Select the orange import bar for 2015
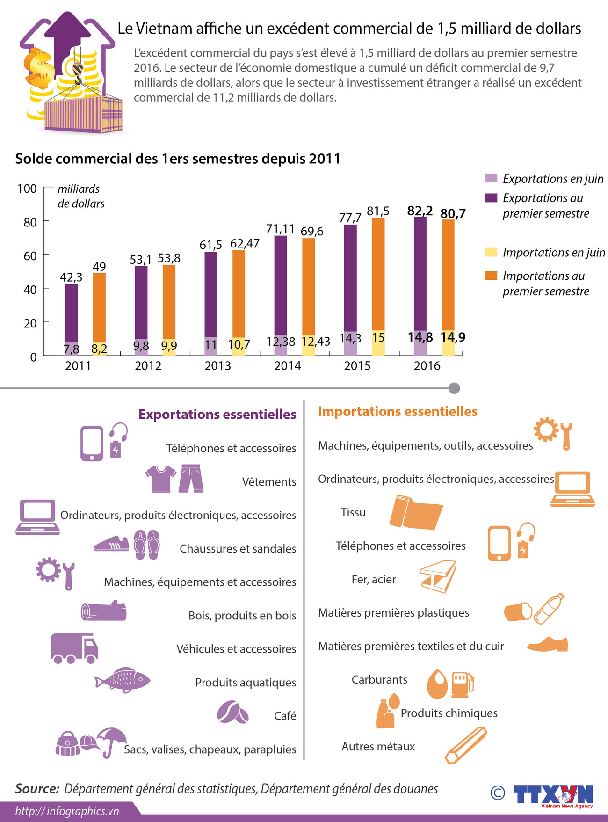(x=378, y=274)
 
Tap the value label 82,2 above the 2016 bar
(x=420, y=211)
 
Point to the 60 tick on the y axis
(x=30, y=256)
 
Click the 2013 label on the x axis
(x=217, y=366)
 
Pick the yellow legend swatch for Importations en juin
(x=491, y=253)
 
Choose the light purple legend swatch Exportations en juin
(x=491, y=178)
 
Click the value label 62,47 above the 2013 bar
(x=244, y=244)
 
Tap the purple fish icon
(x=123, y=680)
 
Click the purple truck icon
(x=74, y=648)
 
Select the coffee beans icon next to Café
(x=232, y=713)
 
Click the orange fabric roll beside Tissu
(x=415, y=512)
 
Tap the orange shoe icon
(x=548, y=645)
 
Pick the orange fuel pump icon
(x=462, y=684)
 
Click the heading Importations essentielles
(x=398, y=411)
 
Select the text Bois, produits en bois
(x=242, y=616)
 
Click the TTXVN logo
(x=553, y=795)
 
